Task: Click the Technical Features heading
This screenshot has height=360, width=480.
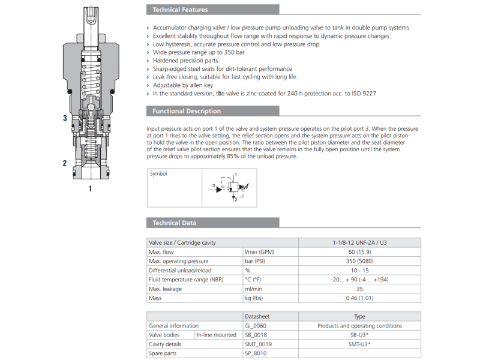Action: tap(180, 10)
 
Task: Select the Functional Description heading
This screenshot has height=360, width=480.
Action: tap(187, 111)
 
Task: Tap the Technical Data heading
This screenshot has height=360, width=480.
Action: tap(174, 223)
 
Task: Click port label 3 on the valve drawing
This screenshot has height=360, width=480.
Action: tap(65, 118)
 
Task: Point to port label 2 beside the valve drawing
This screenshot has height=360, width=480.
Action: tap(65, 163)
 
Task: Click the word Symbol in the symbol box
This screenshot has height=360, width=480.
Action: tap(158, 174)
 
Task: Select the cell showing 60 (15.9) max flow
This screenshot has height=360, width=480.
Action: tap(360, 252)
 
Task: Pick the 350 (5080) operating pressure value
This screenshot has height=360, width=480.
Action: tap(360, 261)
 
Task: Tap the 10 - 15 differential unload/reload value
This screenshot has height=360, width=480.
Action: tap(360, 271)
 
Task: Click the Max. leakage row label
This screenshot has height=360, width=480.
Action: tap(165, 289)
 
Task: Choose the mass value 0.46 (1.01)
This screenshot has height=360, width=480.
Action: tap(360, 298)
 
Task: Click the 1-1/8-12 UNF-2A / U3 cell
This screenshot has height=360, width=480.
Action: tap(360, 242)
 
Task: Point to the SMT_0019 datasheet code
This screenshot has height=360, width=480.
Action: tap(258, 344)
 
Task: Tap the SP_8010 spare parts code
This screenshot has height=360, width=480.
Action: tap(256, 353)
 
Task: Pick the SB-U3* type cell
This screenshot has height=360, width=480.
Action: tap(360, 335)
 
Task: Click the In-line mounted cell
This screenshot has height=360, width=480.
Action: tap(216, 335)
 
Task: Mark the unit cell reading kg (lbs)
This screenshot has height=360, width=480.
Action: tap(254, 298)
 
